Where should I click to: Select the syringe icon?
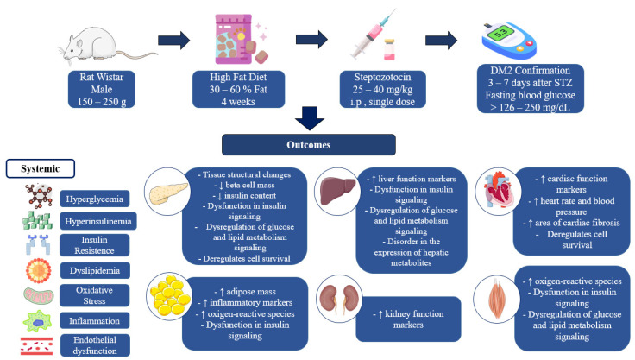click(x=370, y=35)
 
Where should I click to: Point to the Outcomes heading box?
click(x=309, y=145)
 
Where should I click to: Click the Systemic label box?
click(x=40, y=168)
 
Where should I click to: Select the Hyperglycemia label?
click(x=95, y=199)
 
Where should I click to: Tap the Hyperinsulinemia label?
click(x=98, y=221)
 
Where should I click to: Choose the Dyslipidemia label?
click(x=95, y=271)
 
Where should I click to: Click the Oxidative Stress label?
click(x=94, y=295)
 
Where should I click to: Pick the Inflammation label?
click(x=94, y=320)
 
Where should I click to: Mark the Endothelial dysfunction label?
click(x=95, y=345)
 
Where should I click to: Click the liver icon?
click(x=337, y=192)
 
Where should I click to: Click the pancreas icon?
click(x=168, y=193)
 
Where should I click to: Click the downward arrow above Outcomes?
click(x=310, y=118)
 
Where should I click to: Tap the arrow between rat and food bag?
click(x=173, y=41)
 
